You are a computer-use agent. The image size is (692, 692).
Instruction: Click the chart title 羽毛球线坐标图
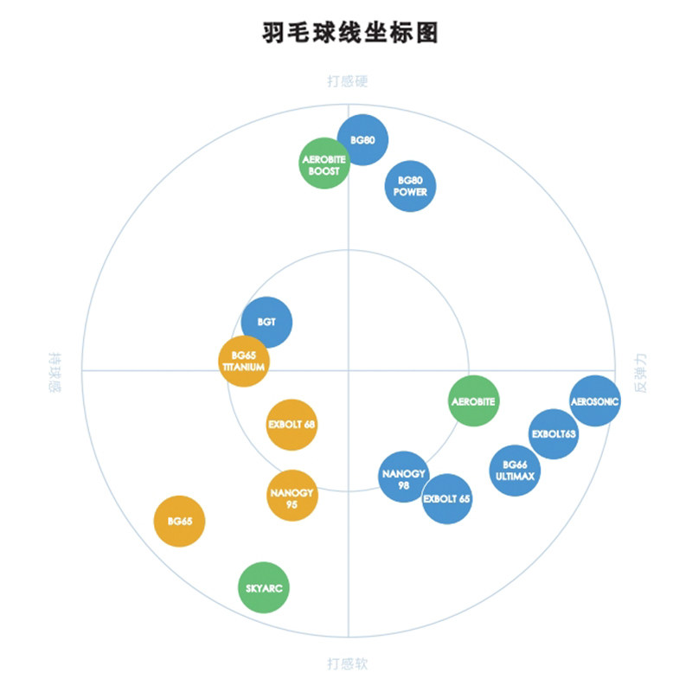(349, 34)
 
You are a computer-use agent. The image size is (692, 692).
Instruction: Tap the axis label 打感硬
(348, 82)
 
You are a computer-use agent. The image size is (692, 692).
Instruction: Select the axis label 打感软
(348, 664)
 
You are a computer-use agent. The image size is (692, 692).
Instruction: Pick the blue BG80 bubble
(363, 140)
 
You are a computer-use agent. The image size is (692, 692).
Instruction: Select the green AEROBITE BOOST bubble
(324, 164)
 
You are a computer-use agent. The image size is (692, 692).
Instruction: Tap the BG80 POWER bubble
(410, 186)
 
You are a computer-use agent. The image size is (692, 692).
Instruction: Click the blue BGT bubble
(266, 322)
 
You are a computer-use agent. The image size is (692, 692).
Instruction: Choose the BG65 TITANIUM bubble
(244, 361)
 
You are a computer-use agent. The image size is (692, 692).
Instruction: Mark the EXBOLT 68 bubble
(292, 425)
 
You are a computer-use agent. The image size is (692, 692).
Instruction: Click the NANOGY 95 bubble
(292, 495)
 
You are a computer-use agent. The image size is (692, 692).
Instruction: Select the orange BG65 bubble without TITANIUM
(180, 522)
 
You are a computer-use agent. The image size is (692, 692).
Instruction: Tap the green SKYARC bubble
(263, 588)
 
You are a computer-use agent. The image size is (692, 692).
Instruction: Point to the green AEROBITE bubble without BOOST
(474, 401)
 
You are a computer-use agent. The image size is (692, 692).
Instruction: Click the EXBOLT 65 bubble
(447, 499)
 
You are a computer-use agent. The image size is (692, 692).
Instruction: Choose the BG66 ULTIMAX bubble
(515, 471)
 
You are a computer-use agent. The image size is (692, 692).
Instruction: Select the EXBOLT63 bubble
(554, 434)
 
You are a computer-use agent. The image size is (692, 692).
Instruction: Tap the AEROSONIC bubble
(595, 400)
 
